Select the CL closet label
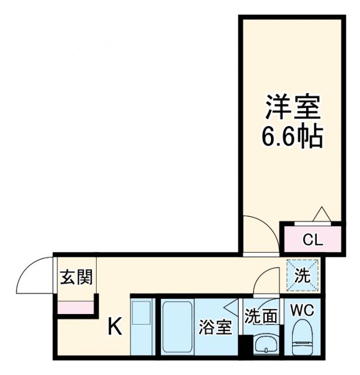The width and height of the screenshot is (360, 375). [312, 239]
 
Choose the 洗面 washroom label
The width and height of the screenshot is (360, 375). [261, 317]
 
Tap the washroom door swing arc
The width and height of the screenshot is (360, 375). [267, 278]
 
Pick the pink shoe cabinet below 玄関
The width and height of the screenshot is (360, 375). [76, 306]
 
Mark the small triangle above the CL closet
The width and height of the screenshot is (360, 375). [323, 215]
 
